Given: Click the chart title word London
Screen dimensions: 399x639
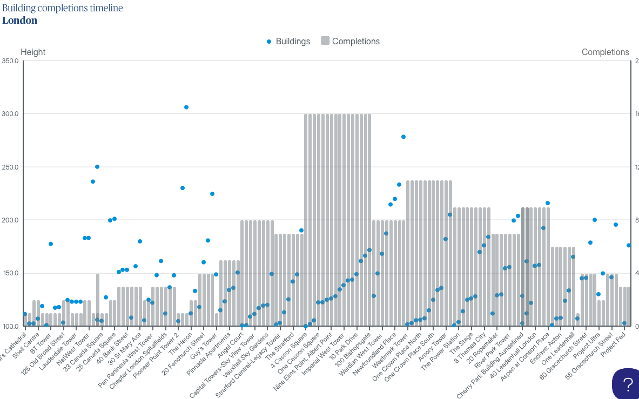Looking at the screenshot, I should click(19, 21).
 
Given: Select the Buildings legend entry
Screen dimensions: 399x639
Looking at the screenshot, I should click(292, 42).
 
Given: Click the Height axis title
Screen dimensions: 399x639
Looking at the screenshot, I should click(33, 52).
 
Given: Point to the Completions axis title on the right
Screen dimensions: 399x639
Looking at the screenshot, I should click(605, 52).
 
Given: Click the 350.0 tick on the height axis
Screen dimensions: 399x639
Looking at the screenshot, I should click(10, 61).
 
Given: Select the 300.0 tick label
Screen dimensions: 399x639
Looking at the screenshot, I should click(10, 114).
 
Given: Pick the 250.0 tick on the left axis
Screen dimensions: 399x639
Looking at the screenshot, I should click(10, 167).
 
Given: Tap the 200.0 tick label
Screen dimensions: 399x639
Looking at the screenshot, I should click(10, 220).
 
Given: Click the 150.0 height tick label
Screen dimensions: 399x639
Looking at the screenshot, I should click(10, 273).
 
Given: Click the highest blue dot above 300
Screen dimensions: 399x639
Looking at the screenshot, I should click(186, 107).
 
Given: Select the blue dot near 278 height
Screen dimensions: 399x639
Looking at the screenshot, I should click(403, 137).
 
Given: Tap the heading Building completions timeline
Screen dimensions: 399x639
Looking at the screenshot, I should click(63, 8).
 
